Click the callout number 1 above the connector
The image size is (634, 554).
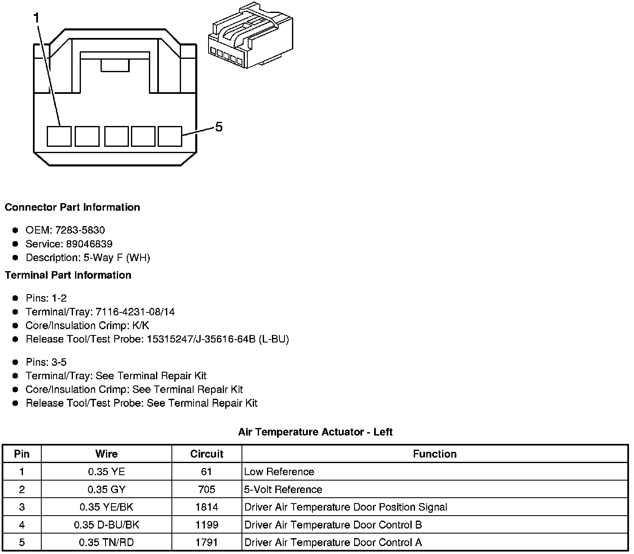click(36, 18)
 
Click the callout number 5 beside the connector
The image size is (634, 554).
click(219, 127)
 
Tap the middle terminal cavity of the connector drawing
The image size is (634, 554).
click(116, 136)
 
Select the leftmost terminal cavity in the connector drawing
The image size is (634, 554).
click(59, 136)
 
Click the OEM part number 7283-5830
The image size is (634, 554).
click(80, 230)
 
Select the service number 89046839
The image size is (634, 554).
click(89, 244)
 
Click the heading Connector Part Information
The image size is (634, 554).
click(73, 207)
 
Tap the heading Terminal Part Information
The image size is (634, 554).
click(68, 275)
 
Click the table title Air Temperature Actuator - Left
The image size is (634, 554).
click(315, 432)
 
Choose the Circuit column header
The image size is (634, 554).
click(206, 454)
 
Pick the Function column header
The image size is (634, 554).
click(435, 454)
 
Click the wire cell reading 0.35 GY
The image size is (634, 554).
click(106, 489)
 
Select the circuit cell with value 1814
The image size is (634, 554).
click(206, 507)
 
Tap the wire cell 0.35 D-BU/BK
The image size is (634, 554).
click(106, 525)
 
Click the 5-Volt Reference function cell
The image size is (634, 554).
click(283, 489)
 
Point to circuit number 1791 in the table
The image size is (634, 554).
click(206, 543)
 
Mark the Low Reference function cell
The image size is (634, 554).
click(279, 472)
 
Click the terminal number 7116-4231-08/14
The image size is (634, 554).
click(135, 312)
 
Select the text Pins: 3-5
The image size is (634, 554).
click(46, 362)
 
